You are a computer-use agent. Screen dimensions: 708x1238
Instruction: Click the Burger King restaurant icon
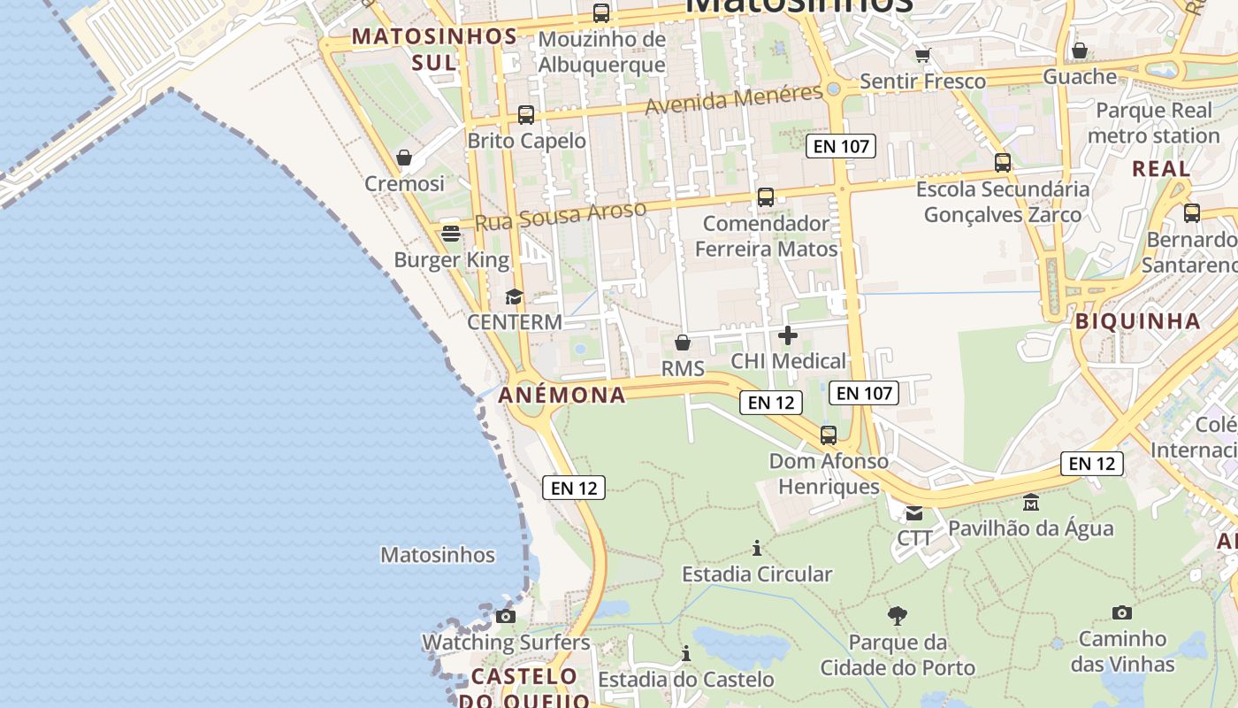point(451,235)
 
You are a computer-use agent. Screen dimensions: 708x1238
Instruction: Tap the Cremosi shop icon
point(404,158)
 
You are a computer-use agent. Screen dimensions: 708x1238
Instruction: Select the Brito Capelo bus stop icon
point(526,115)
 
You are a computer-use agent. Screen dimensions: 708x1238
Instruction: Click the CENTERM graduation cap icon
point(514,296)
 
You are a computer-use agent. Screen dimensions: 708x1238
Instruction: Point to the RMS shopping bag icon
point(683,342)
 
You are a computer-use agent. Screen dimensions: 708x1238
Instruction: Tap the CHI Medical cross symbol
point(788,335)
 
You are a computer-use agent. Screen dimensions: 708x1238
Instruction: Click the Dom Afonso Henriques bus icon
point(829,435)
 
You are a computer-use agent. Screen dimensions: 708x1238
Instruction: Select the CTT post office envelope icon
point(913,512)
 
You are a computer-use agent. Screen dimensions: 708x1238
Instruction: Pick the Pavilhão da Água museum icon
point(1030,503)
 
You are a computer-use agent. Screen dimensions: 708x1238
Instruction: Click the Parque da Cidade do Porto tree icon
point(898,616)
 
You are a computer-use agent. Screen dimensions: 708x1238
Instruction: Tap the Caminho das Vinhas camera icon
point(1122,612)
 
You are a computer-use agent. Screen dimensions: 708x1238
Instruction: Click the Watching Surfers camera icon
point(506,616)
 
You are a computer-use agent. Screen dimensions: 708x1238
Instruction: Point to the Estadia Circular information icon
point(757,549)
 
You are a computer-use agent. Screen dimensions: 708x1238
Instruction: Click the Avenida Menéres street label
point(734,100)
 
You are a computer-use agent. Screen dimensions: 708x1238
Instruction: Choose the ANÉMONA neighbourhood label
point(562,395)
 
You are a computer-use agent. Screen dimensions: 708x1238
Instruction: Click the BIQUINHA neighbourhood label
point(1138,321)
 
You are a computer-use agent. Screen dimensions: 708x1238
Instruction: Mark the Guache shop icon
point(1080,51)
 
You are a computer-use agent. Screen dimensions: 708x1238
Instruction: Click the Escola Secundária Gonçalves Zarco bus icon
point(1003,163)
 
